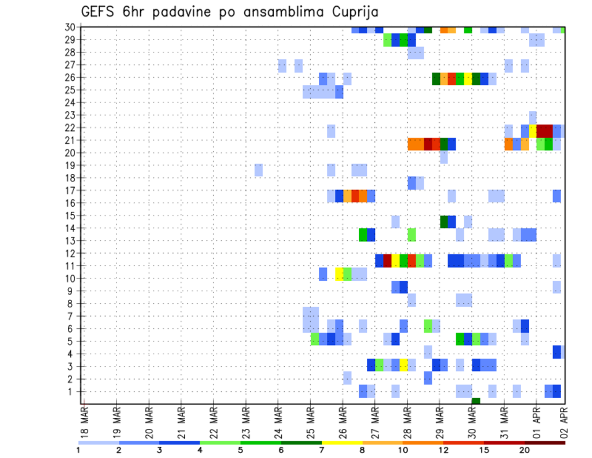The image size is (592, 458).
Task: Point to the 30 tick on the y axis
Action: pyautogui.click(x=70, y=27)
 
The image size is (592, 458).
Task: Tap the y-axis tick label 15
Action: pyautogui.click(x=70, y=216)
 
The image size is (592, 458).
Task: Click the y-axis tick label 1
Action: pyautogui.click(x=72, y=391)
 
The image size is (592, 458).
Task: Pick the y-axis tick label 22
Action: pyautogui.click(x=70, y=128)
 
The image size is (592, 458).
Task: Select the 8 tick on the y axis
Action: pyautogui.click(x=72, y=304)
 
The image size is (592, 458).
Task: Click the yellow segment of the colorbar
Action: pyautogui.click(x=342, y=443)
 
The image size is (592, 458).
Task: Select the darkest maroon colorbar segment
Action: pyautogui.click(x=545, y=443)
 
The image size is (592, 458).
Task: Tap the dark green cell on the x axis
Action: pyautogui.click(x=476, y=401)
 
